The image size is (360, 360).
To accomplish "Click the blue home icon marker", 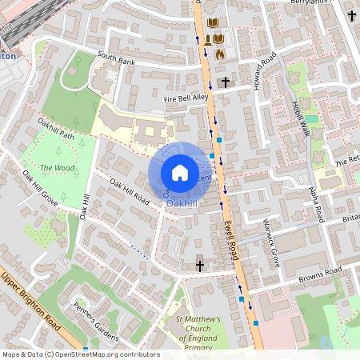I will (x=180, y=172).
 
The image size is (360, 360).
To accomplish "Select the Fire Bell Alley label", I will (x=186, y=98).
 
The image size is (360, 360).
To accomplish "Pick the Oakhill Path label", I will (x=55, y=129).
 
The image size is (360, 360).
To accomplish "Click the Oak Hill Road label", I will (x=130, y=192).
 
